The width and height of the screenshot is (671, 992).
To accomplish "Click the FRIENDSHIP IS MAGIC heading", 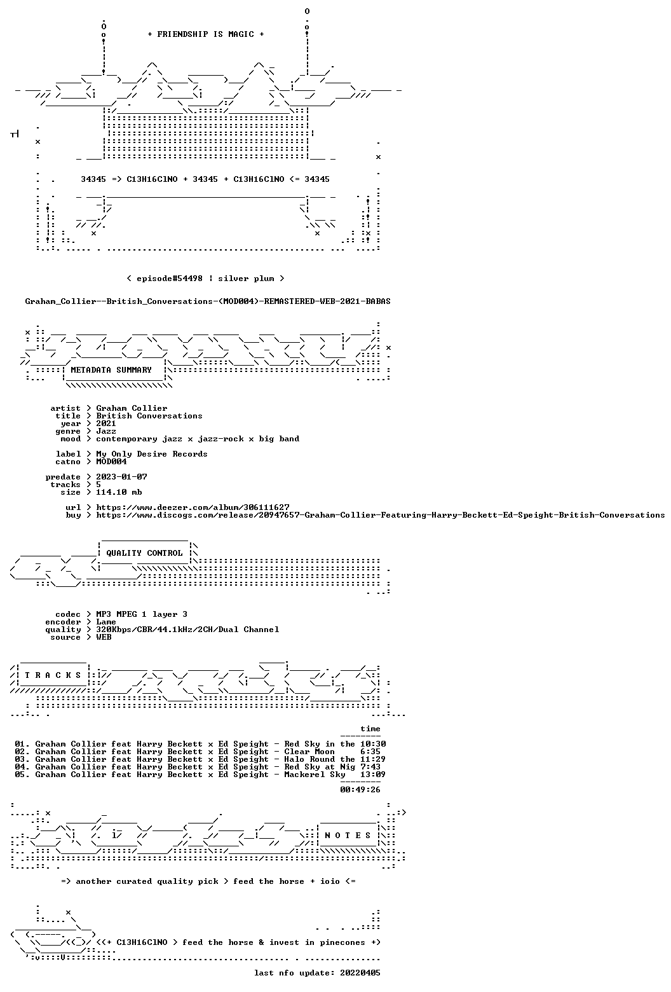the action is pyautogui.click(x=205, y=34).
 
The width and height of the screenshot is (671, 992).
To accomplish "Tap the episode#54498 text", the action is pyautogui.click(x=170, y=278).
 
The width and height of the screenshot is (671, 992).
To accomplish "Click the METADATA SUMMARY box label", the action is pyautogui.click(x=111, y=370).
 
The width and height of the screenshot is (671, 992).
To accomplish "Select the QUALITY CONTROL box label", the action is pyautogui.click(x=144, y=553).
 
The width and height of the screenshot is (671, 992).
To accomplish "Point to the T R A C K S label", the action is pyautogui.click(x=53, y=675).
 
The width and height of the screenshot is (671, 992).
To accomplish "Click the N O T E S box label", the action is pyautogui.click(x=348, y=835).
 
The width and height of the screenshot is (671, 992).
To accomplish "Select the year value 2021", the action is pyautogui.click(x=106, y=424).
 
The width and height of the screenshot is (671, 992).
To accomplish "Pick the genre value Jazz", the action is pyautogui.click(x=106, y=431).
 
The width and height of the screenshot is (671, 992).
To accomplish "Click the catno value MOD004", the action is pyautogui.click(x=111, y=462).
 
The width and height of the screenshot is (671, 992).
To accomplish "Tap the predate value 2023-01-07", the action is pyautogui.click(x=122, y=476).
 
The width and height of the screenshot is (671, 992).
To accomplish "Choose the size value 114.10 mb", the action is pyautogui.click(x=119, y=492).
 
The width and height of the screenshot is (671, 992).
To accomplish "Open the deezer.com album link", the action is pyautogui.click(x=193, y=507).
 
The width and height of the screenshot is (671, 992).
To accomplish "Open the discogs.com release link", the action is pyautogui.click(x=381, y=515).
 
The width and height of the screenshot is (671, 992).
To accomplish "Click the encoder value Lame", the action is pyautogui.click(x=106, y=622).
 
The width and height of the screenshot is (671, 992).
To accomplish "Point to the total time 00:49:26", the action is pyautogui.click(x=360, y=790).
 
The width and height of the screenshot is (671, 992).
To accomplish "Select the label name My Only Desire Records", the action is pyautogui.click(x=152, y=454).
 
